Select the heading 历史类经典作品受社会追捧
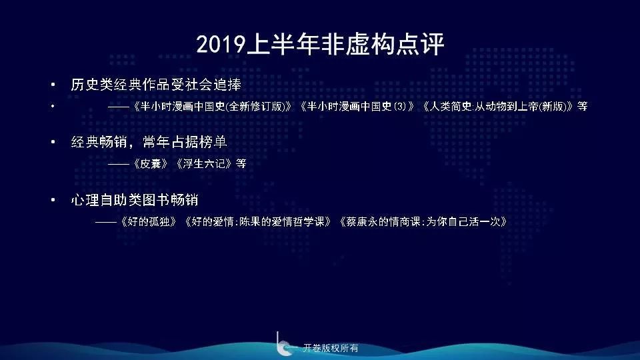156,85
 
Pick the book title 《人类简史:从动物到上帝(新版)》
498,106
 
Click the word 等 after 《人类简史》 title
583,106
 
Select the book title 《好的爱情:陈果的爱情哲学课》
259,221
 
